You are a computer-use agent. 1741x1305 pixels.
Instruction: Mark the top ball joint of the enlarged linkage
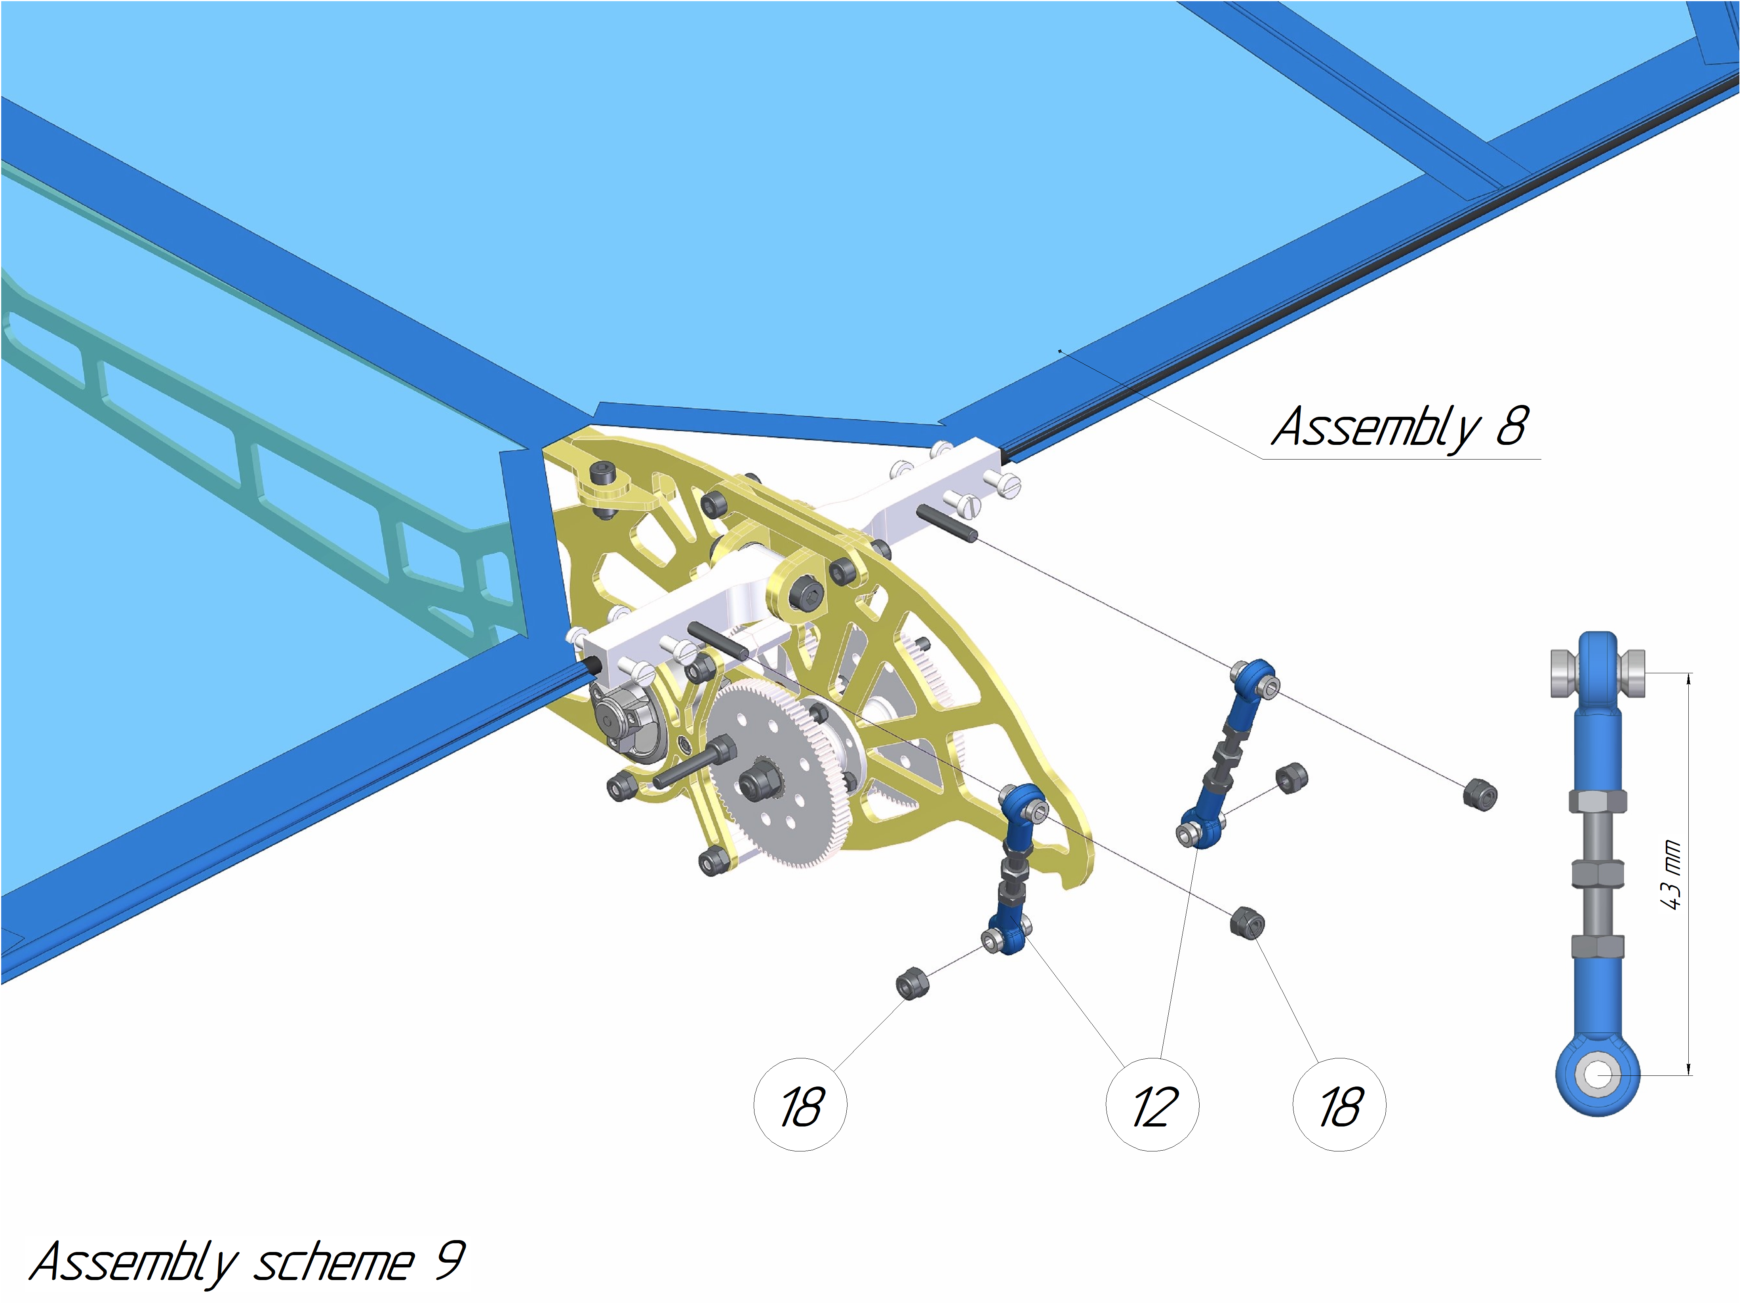click(1598, 672)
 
